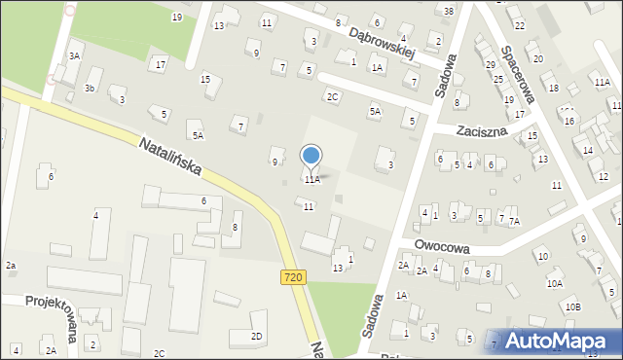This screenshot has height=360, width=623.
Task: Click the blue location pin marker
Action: tap(311, 156)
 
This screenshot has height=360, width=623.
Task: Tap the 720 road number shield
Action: tap(292, 277)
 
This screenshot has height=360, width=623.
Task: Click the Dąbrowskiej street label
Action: tap(383, 42)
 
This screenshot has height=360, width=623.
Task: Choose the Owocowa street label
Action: tap(441, 247)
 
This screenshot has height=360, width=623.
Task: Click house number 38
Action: tap(448, 11)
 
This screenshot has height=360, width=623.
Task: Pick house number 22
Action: tap(521, 24)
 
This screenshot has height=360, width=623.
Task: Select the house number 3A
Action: tap(74, 56)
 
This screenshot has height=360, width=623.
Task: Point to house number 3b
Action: tap(89, 89)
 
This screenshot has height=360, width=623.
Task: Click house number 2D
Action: tap(256, 337)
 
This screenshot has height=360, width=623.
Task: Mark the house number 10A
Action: tap(554, 283)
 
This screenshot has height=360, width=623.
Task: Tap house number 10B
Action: tap(573, 307)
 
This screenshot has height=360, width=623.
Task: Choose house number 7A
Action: tap(514, 222)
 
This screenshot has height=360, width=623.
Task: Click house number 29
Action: tap(490, 64)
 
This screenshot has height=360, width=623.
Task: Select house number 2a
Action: tap(11, 266)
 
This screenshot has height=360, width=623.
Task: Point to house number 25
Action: tap(497, 78)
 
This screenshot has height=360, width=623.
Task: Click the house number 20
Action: tap(537, 58)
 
